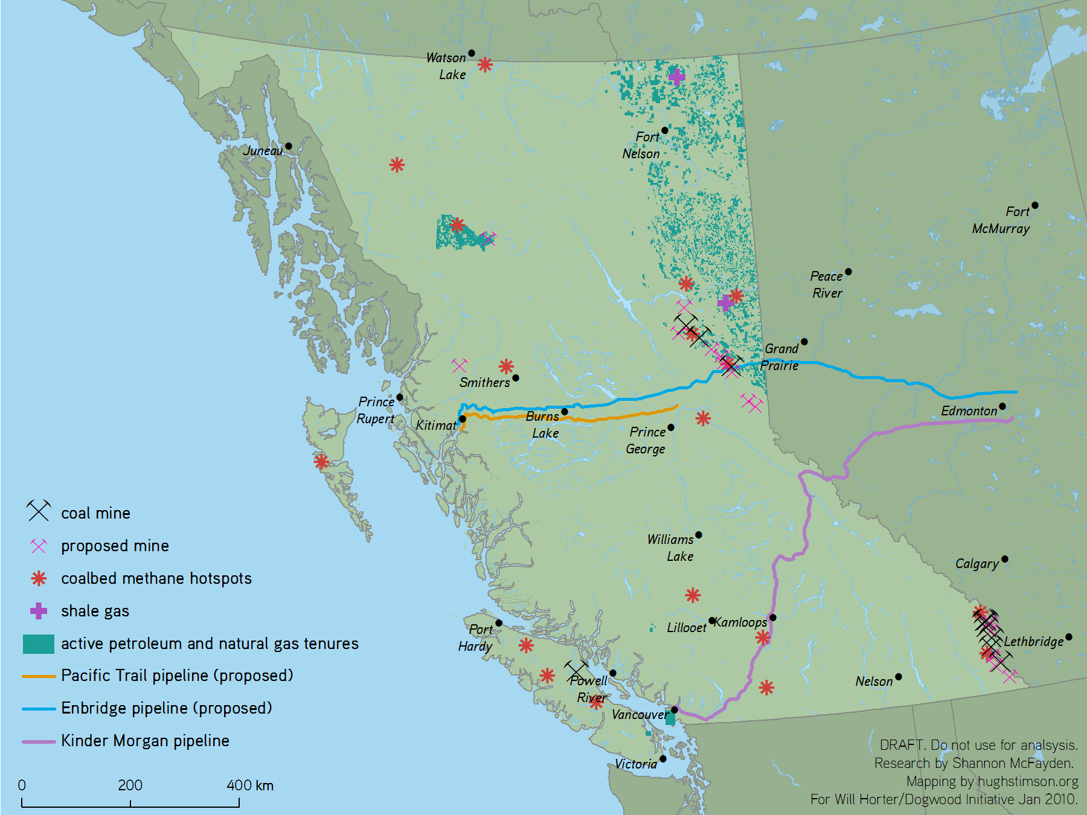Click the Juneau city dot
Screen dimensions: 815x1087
click(288, 146)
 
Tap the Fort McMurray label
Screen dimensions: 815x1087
click(1001, 220)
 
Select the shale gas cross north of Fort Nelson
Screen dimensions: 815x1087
click(676, 77)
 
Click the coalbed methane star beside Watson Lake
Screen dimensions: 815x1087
click(485, 65)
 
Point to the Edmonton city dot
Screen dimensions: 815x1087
click(1002, 406)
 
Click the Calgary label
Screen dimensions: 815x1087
click(976, 564)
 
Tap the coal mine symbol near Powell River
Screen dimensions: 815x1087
click(576, 670)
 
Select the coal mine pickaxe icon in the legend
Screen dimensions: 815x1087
click(38, 511)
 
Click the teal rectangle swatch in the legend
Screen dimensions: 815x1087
click(38, 644)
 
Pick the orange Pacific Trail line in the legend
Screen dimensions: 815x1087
click(39, 676)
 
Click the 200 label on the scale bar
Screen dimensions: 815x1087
click(130, 785)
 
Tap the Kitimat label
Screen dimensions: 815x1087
click(435, 426)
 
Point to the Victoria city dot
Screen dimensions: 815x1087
click(663, 759)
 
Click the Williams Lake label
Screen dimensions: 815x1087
click(671, 548)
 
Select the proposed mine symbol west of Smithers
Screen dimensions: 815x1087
click(460, 365)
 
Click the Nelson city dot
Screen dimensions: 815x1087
click(899, 677)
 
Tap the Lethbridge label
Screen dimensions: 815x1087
click(1033, 642)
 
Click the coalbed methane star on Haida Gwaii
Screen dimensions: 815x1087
click(321, 462)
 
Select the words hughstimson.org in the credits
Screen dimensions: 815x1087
click(1028, 781)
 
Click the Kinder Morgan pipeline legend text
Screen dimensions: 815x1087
click(145, 741)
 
